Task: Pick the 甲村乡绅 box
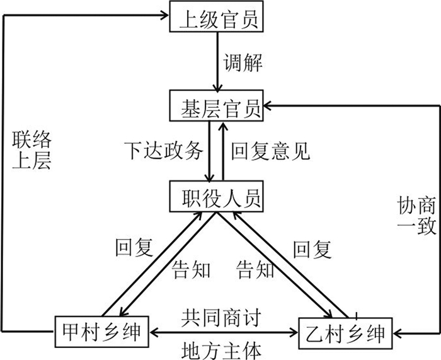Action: tap(101, 330)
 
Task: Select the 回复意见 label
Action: tap(270, 152)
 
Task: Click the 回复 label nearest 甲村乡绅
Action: tap(134, 248)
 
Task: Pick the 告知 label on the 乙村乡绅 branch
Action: tap(255, 269)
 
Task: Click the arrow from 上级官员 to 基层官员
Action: tap(216, 62)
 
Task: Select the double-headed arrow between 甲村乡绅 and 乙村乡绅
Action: tap(224, 331)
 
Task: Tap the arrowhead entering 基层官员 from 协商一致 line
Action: tap(270, 105)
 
